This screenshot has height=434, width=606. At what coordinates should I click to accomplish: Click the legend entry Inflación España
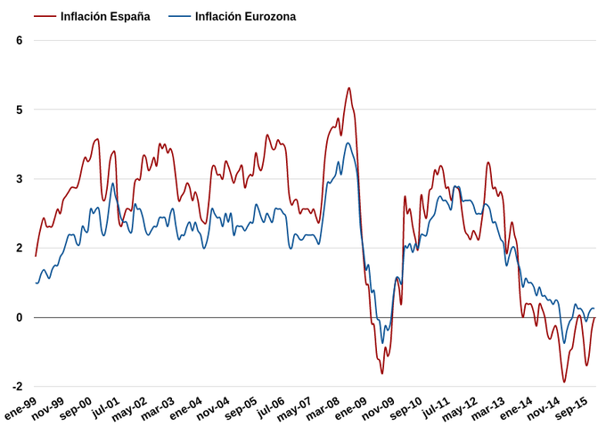(105, 17)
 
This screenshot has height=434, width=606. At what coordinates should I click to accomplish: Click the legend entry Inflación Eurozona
(245, 17)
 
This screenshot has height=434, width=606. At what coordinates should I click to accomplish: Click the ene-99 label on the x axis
(22, 411)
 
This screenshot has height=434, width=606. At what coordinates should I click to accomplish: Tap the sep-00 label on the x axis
(76, 411)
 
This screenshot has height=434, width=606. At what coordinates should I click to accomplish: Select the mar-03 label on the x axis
(158, 411)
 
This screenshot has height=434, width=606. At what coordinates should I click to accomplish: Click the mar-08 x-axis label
(323, 411)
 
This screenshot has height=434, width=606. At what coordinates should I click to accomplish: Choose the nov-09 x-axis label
(377, 411)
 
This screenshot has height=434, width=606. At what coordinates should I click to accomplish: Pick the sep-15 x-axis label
(571, 411)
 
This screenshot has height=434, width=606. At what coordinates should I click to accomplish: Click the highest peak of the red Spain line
(348, 88)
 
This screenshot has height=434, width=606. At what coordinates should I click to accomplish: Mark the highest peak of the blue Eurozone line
(348, 143)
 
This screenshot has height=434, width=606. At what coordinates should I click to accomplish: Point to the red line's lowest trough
(564, 382)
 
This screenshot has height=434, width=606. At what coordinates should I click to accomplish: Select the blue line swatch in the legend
(178, 17)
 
